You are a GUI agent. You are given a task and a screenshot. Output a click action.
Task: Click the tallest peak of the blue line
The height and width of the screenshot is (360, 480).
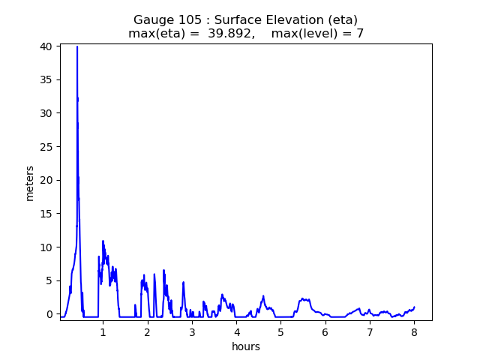point(77,46)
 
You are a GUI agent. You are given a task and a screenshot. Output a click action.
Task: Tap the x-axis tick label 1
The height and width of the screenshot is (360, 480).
point(103,332)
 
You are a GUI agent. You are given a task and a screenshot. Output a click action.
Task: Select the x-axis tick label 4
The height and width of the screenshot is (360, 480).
point(236,332)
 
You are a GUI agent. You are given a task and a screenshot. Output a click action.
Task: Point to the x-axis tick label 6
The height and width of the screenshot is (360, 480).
point(325,332)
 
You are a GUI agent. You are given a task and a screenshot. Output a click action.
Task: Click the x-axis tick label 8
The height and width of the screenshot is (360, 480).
point(414,332)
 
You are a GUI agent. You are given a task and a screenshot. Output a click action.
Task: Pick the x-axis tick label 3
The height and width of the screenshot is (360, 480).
point(192,332)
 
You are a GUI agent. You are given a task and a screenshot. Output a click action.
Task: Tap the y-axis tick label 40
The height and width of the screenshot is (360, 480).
point(46,46)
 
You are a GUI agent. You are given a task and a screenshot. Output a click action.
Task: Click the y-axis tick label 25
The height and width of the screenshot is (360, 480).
point(46,147)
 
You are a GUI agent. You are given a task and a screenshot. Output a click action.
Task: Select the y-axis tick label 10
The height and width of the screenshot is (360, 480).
point(46,247)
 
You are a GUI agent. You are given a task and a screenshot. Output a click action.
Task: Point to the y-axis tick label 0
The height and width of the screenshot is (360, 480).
point(49,314)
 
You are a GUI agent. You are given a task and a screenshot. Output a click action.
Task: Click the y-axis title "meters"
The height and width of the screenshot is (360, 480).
point(30,183)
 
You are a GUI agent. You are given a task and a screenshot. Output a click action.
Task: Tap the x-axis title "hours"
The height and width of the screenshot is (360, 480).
point(246,346)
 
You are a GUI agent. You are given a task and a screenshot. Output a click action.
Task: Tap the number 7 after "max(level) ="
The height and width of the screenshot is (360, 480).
point(360,34)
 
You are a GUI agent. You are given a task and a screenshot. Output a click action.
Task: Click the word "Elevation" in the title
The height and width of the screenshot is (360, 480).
point(293,20)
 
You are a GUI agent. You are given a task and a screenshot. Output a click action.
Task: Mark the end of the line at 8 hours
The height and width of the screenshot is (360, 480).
point(414,307)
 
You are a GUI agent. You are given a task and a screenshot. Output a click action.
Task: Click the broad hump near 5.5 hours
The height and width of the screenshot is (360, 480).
point(304,299)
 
